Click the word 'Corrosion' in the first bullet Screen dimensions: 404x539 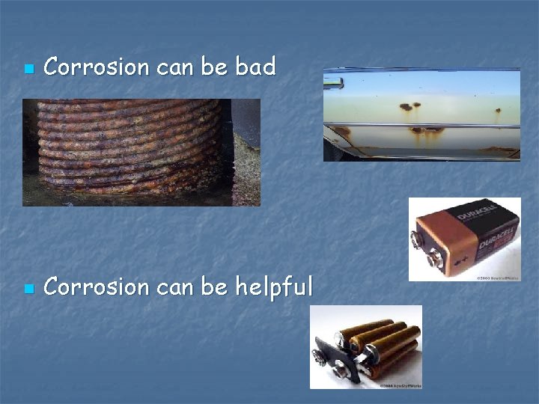pos(97,67)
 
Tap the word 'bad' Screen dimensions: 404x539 pos(255,67)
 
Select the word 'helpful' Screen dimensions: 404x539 pos(274,287)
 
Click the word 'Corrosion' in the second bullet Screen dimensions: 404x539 pos(97,287)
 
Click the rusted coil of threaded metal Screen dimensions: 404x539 pos(127,146)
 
